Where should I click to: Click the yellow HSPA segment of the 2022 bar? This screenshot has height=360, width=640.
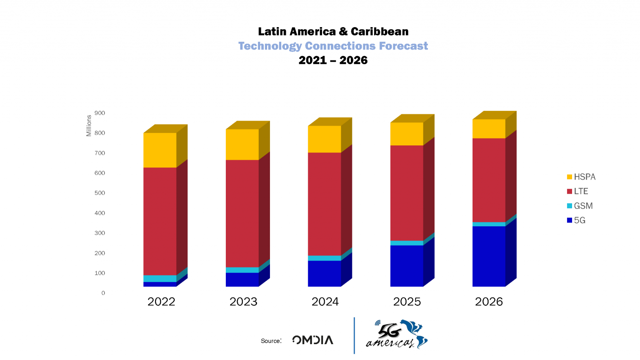pyautogui.click(x=160, y=150)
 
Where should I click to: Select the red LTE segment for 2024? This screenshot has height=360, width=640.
pyautogui.click(x=324, y=204)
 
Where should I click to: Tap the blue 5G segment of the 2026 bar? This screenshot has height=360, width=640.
pyautogui.click(x=489, y=256)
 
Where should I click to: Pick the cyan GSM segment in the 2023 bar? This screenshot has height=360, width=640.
pyautogui.click(x=242, y=270)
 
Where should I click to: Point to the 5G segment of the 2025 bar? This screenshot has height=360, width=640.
pyautogui.click(x=407, y=265)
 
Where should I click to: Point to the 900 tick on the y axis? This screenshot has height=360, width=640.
pyautogui.click(x=100, y=113)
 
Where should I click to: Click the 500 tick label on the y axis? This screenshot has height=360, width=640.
pyautogui.click(x=100, y=193)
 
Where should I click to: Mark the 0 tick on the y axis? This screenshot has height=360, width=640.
pyautogui.click(x=103, y=293)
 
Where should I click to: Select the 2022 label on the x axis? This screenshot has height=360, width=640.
pyautogui.click(x=161, y=302)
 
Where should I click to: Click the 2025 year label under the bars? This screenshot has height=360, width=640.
pyautogui.click(x=407, y=302)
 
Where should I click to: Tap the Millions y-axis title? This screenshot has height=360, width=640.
pyautogui.click(x=89, y=126)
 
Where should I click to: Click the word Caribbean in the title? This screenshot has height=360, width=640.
pyautogui.click(x=380, y=32)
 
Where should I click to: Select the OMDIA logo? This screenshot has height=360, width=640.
pyautogui.click(x=312, y=340)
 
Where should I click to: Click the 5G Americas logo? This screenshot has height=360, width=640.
pyautogui.click(x=396, y=335)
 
